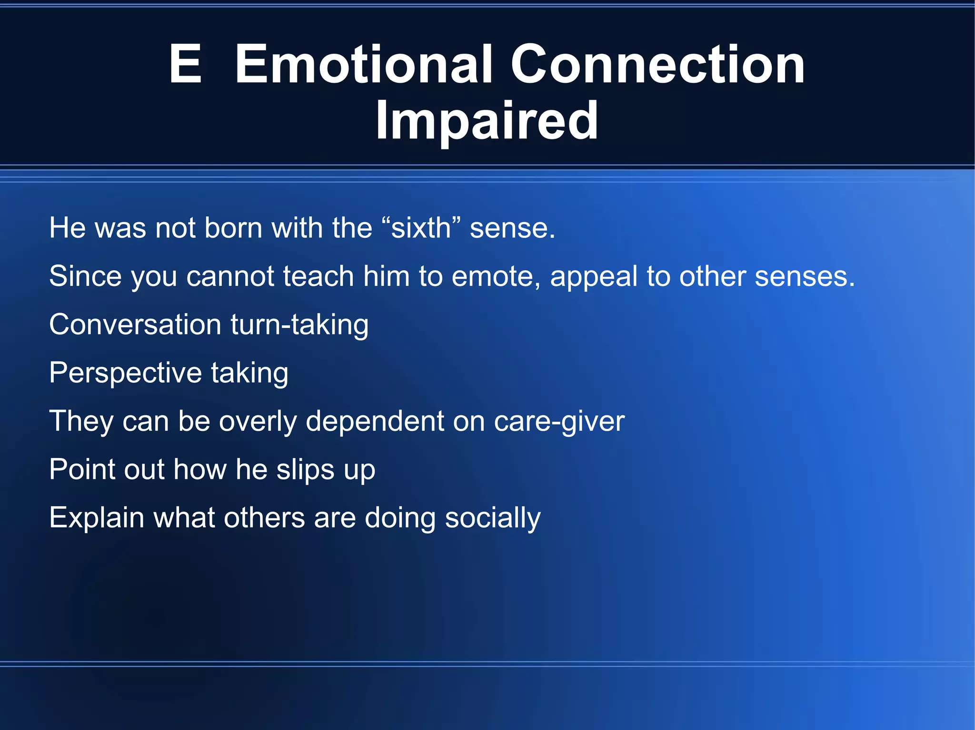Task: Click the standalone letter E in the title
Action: [186, 64]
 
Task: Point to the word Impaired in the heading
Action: [487, 121]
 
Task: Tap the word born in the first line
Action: [233, 228]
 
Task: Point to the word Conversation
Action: [135, 324]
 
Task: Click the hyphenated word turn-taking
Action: [299, 325]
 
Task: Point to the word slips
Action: [305, 470]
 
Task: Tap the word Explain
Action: [97, 518]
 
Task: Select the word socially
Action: [493, 518]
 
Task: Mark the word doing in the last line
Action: [400, 518]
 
